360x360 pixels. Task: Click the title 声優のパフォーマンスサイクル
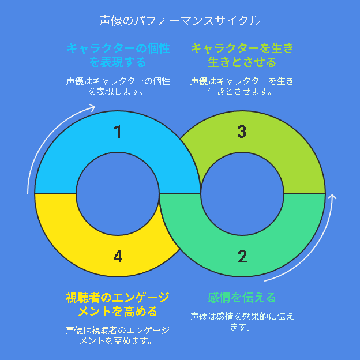click(x=180, y=21)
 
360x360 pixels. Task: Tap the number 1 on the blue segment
click(x=118, y=132)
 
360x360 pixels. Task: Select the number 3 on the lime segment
click(x=242, y=132)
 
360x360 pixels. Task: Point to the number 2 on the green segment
click(x=242, y=256)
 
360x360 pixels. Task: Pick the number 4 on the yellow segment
click(x=118, y=256)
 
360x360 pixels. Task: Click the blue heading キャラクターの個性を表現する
click(x=118, y=55)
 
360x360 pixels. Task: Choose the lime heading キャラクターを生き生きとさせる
click(x=242, y=55)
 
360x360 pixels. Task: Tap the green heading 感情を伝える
click(x=242, y=298)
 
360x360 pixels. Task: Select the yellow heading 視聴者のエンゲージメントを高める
click(x=118, y=305)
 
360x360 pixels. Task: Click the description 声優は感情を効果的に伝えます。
click(x=242, y=321)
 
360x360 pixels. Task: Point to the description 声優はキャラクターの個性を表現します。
click(x=118, y=87)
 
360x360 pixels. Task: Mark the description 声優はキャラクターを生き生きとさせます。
click(x=242, y=87)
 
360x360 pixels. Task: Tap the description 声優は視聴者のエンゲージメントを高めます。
click(x=118, y=335)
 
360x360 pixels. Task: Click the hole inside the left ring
click(x=118, y=194)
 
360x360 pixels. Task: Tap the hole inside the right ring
click(x=242, y=194)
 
